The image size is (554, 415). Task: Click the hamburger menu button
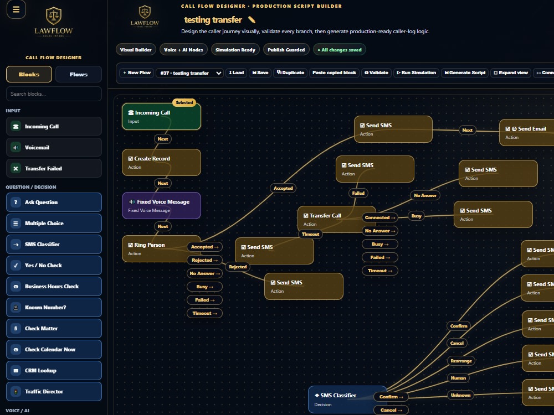[16, 9]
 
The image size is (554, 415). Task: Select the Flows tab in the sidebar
[79, 75]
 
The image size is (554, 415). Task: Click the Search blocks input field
[54, 94]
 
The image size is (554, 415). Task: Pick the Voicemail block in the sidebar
[54, 148]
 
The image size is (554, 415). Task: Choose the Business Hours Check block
[54, 287]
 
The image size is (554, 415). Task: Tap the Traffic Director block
[54, 391]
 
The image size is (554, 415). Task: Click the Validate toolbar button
[376, 72]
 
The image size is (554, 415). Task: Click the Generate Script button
[465, 72]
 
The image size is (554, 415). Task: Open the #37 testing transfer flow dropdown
[189, 73]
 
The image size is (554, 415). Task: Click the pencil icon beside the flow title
[252, 20]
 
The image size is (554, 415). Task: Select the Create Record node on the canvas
[161, 162]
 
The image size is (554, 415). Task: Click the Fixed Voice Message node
[161, 205]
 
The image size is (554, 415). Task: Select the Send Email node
[526, 132]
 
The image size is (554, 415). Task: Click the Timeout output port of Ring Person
[204, 313]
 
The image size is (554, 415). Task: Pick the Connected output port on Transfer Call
[380, 217]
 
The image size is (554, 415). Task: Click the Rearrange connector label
[461, 361]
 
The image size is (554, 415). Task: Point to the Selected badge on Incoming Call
[184, 102]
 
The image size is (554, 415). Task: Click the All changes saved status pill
[340, 50]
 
